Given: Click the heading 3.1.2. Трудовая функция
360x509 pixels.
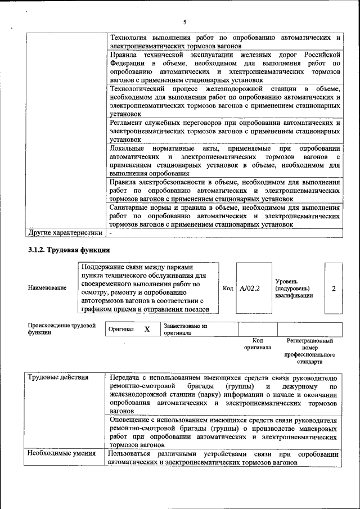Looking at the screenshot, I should point(69,250).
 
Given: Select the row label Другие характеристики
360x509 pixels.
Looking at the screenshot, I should point(65,232).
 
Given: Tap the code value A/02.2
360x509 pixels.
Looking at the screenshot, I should point(249,289).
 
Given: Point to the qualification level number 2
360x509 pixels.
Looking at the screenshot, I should point(334,289).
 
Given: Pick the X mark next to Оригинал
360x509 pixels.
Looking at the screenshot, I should point(147,329).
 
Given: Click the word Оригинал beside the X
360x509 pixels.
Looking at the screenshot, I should point(121,330).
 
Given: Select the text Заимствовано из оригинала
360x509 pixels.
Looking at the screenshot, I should point(186,329).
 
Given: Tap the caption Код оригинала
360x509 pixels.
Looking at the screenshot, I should point(258,344).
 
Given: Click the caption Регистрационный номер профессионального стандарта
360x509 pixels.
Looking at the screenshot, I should point(310,352).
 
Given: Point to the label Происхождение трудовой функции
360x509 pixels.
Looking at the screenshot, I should point(61,329).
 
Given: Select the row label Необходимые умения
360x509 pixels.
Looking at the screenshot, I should point(61,453).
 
